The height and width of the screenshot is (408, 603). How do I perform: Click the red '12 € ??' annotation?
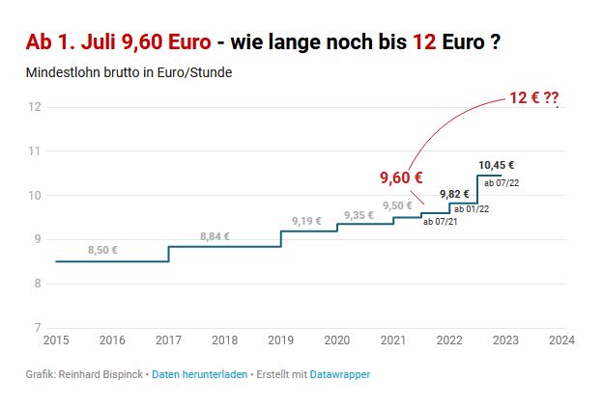click(534, 98)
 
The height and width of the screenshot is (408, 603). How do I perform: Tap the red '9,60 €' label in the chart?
click(401, 177)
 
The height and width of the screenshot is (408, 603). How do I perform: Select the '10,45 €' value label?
click(496, 165)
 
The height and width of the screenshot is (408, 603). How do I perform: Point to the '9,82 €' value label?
click(453, 194)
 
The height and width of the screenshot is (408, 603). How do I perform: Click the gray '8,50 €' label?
click(102, 250)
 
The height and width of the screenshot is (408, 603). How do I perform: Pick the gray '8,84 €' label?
click(215, 236)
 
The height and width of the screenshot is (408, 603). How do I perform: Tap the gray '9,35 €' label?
click(358, 215)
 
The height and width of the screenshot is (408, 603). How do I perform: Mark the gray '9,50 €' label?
click(397, 205)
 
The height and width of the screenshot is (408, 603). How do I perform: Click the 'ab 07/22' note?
click(501, 181)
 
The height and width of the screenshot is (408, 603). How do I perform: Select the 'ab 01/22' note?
click(471, 208)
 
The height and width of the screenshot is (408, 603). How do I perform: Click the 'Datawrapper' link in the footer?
click(339, 373)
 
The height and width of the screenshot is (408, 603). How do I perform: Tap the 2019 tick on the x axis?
click(280, 340)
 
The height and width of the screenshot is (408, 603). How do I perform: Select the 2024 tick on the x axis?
click(561, 340)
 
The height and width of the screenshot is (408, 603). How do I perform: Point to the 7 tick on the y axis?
click(36, 328)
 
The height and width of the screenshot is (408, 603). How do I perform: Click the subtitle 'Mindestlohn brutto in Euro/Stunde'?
click(129, 73)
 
